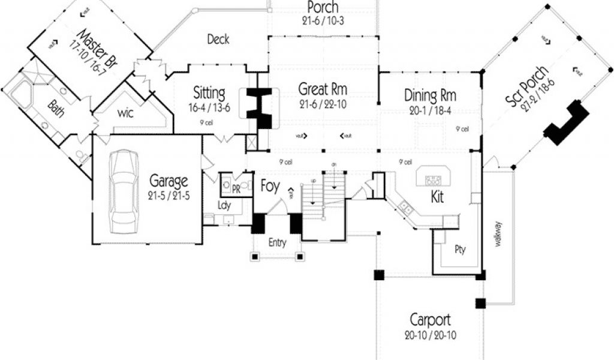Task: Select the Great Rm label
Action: coord(323,89)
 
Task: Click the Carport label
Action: coord(430,319)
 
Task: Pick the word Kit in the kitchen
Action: coord(437,197)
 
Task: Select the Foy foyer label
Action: coord(270,187)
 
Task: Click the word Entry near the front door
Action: coord(277,243)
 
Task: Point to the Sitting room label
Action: coord(209,93)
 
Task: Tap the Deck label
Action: coord(218,40)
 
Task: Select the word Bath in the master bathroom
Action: coord(55,109)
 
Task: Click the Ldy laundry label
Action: coord(225,205)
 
